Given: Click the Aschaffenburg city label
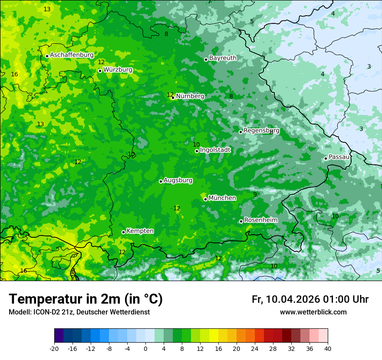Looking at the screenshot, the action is pos(72,55).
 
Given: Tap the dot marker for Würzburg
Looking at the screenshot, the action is pos(100,71).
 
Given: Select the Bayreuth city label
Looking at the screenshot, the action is pos(223,58).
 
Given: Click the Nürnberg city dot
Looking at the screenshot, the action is pos(173,98).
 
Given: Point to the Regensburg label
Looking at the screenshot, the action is pos(261,130).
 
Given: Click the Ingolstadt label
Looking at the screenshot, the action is pos(215,150).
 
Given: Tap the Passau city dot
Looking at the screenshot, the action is pos(326,158).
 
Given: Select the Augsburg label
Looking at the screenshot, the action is pos(178,180).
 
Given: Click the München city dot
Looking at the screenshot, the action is pos(205,199).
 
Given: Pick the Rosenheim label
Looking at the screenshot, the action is pos(260,220).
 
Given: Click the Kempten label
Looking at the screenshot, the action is pos(140,231).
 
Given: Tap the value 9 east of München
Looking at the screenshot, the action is pos(255,194).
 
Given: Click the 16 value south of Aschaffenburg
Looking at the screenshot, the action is pos(14,74).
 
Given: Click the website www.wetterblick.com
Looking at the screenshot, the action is pos(313,312).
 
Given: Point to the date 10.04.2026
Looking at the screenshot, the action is pos(293,299).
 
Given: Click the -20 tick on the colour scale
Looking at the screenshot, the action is pos(54,348).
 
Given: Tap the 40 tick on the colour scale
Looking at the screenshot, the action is pos(328,348).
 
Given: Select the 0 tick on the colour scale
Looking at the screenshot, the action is pos(145,348).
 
